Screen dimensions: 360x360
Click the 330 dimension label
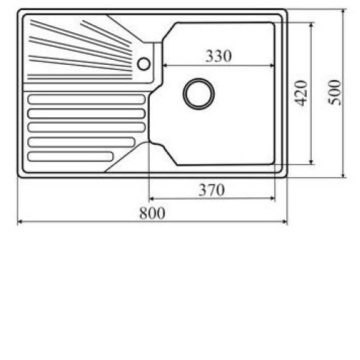coord(219,56)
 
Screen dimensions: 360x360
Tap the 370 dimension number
coord(212,190)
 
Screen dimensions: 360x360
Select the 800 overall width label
coord(152,213)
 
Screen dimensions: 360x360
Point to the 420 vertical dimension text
coord(301,93)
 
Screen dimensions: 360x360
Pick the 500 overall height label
coord(335,92)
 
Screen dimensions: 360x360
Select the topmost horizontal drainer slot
coord(86,99)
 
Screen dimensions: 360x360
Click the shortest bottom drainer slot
coord(71,156)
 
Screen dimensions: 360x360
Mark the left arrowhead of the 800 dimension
coord(20,222)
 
